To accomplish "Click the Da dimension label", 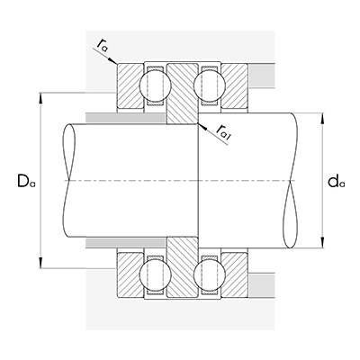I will (x=26, y=182).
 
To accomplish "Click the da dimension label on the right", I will (x=337, y=183).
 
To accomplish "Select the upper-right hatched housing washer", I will (x=236, y=86).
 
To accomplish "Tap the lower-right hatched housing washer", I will (x=236, y=276).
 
